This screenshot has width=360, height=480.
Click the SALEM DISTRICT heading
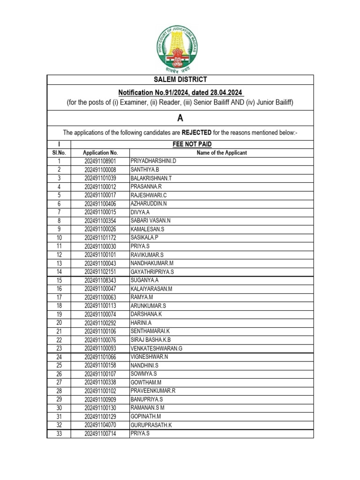pyautogui.click(x=180, y=80)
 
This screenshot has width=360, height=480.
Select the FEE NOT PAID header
pyautogui.click(x=192, y=144)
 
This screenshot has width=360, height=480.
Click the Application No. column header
pyautogui.click(x=100, y=153)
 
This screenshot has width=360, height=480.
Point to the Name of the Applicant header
pyautogui.click(x=222, y=153)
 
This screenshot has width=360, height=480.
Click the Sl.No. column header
pyautogui.click(x=59, y=153)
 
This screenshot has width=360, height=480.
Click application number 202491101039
pyautogui.click(x=100, y=178)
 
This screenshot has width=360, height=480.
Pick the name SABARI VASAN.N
pyautogui.click(x=150, y=221)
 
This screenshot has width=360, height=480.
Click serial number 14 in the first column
pyautogui.click(x=59, y=272)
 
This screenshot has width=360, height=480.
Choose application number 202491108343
pyautogui.click(x=100, y=280)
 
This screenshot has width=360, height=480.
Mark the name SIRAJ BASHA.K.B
pyautogui.click(x=150, y=340)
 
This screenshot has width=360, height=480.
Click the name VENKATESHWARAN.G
pyautogui.click(x=156, y=348)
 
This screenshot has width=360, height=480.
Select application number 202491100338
pyautogui.click(x=100, y=382)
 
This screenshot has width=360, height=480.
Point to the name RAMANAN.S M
pyautogui.click(x=147, y=408)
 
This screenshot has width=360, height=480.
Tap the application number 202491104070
pyautogui.click(x=100, y=425)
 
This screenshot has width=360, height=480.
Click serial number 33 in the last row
pyautogui.click(x=59, y=434)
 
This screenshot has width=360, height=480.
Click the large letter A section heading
pyautogui.click(x=180, y=119)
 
